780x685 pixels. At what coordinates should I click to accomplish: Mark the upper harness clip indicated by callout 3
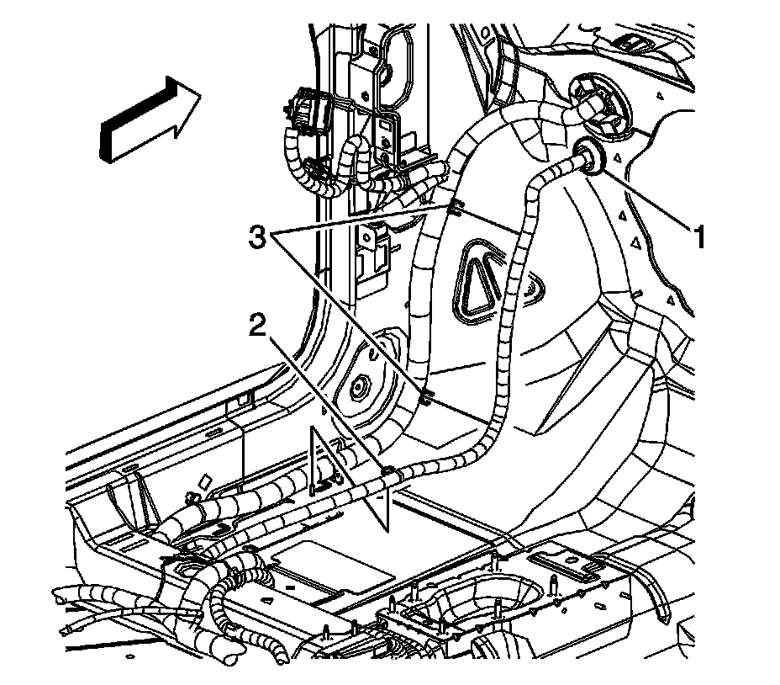[x=455, y=206]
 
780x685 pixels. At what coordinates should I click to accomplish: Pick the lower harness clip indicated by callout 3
[x=425, y=392]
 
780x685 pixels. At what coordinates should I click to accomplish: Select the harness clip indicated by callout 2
[x=387, y=473]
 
